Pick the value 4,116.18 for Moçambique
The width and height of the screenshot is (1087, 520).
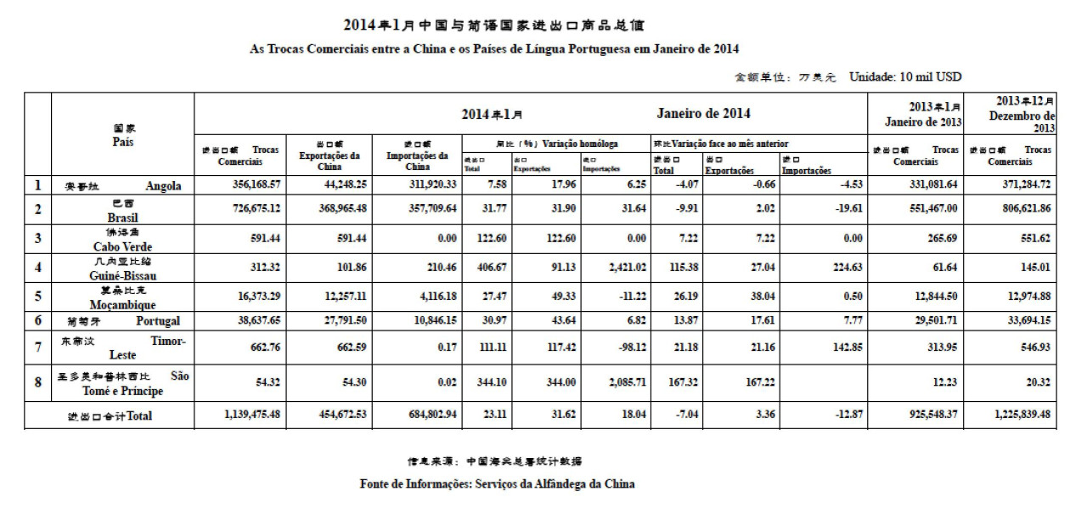421,297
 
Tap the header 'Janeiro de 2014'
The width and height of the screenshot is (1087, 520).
703,114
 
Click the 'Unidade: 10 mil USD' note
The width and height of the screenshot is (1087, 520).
905,77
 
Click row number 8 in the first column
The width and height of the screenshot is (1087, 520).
37,382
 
